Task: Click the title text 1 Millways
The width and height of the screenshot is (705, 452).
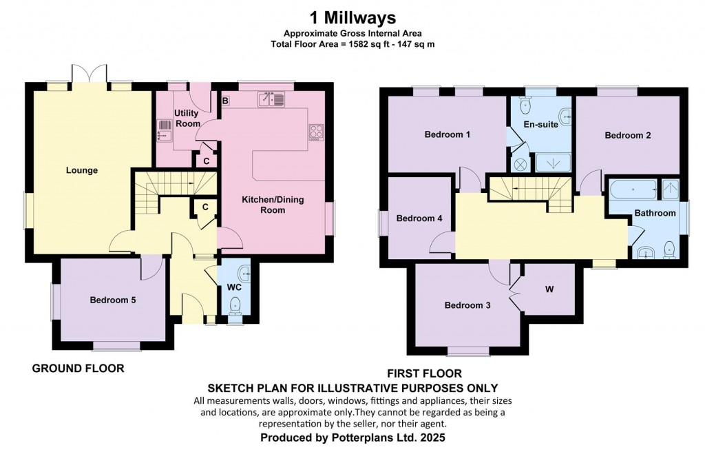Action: pyautogui.click(x=352, y=17)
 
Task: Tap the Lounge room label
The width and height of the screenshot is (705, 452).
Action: pyautogui.click(x=82, y=170)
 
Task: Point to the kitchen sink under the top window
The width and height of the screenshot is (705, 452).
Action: pyautogui.click(x=271, y=100)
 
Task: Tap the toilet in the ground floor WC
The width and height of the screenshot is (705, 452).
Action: pyautogui.click(x=235, y=303)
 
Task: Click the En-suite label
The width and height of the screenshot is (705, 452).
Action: pyautogui.click(x=539, y=125)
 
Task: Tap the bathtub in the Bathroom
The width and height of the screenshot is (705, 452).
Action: pyautogui.click(x=632, y=189)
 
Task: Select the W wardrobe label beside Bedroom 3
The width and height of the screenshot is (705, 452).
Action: pyautogui.click(x=549, y=289)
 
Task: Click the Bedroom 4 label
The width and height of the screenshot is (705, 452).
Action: pyautogui.click(x=419, y=218)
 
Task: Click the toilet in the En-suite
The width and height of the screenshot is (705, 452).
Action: pyautogui.click(x=526, y=105)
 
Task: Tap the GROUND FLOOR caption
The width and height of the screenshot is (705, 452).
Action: pyautogui.click(x=78, y=369)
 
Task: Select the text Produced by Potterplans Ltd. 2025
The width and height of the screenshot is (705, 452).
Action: pyautogui.click(x=352, y=438)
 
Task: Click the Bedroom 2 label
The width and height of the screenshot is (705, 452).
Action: pyautogui.click(x=627, y=136)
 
